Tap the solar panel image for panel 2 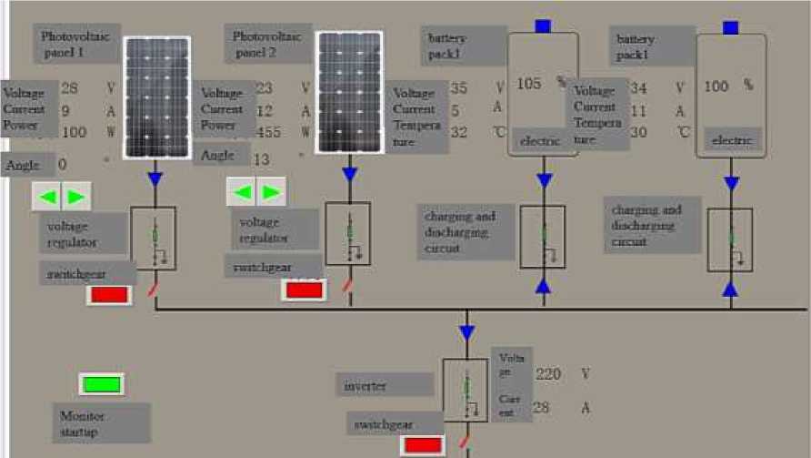tap(349, 94)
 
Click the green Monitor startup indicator tap(101, 384)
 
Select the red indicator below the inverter tap(422, 445)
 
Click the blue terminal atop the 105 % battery tap(543, 25)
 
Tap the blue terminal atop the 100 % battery tap(731, 26)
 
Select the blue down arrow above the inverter tap(466, 333)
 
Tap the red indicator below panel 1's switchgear tap(109, 295)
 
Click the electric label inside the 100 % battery tap(731, 140)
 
